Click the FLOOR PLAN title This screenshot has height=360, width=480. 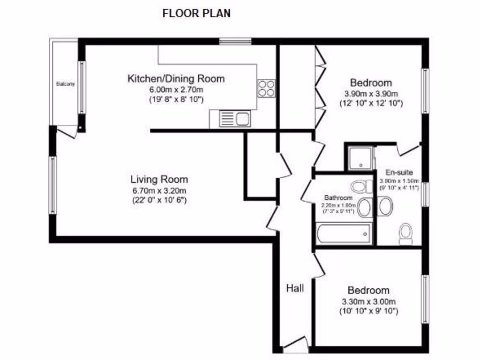tap(196, 14)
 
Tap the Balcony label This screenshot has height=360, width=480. tap(65, 84)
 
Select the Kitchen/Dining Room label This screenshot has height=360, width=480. tap(176, 79)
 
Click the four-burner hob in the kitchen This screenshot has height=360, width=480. tap(266, 88)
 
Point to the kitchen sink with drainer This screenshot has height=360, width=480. tap(234, 119)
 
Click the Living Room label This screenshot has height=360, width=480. tap(159, 180)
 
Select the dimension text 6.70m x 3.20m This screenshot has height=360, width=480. tap(159, 190)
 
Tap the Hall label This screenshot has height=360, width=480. tap(295, 288)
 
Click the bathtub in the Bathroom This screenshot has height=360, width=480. tap(344, 234)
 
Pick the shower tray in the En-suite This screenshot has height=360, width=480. tap(360, 158)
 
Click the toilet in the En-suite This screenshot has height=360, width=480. tap(405, 233)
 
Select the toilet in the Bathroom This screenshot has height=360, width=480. tap(361, 187)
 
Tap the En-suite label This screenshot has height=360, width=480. tap(399, 172)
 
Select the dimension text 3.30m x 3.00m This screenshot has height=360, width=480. tap(368, 301)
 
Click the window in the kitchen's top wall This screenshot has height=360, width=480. tap(235, 41)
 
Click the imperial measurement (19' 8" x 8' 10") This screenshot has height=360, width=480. tap(176, 99)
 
